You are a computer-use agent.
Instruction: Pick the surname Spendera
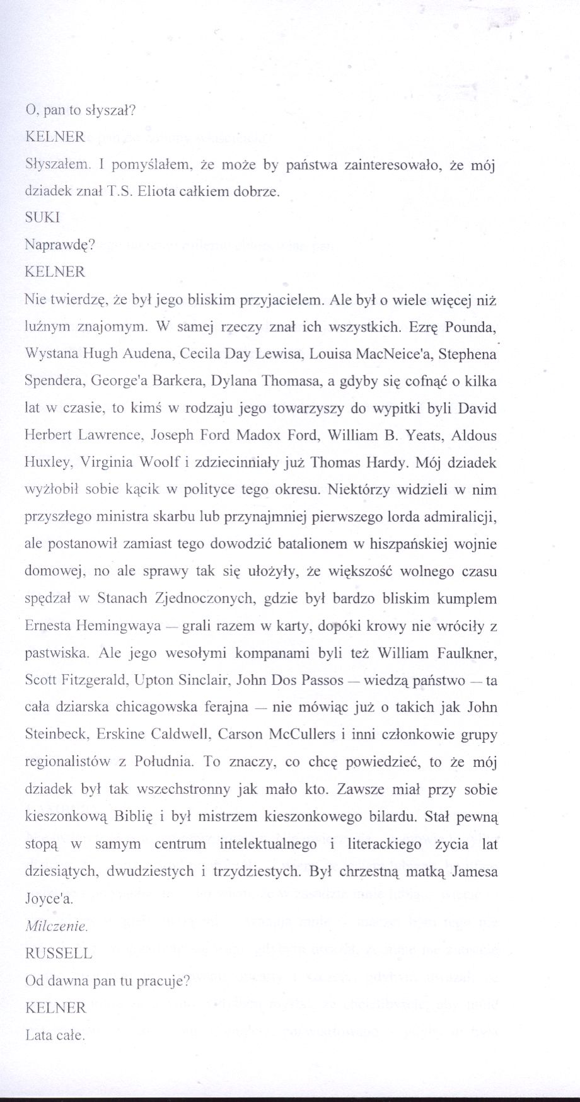pyautogui.click(x=54, y=381)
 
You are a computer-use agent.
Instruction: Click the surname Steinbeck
pyautogui.click(x=54, y=735)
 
